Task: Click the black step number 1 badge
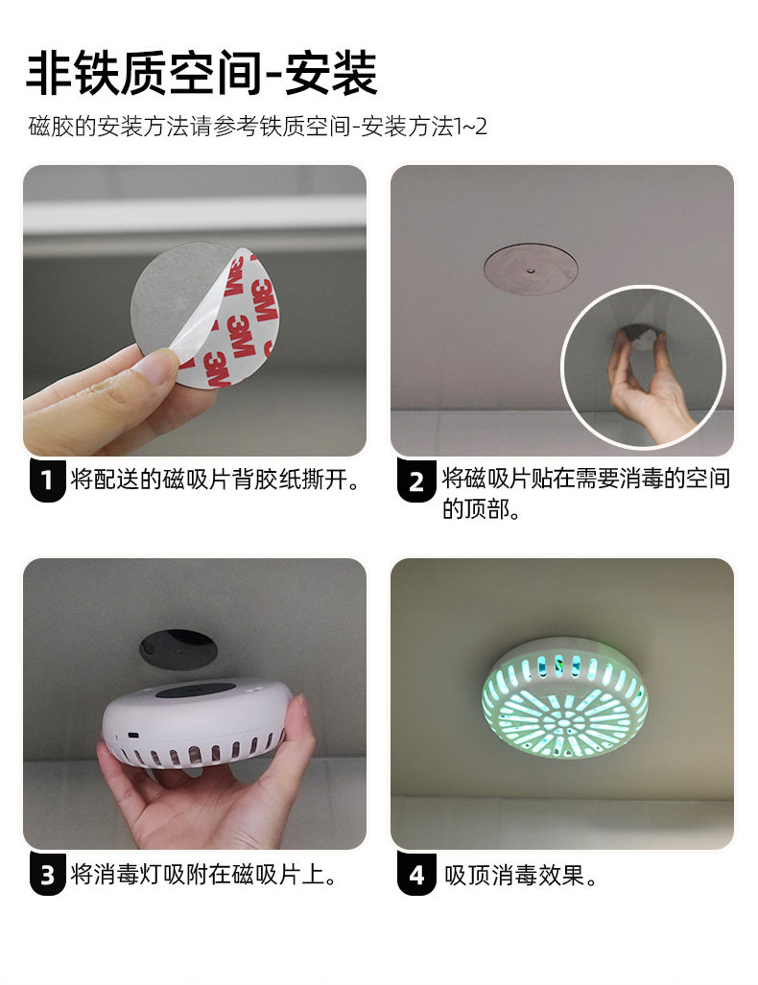[x=48, y=481]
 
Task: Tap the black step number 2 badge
[x=416, y=481]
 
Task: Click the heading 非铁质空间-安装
[x=201, y=73]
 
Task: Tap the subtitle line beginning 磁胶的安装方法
[x=258, y=127]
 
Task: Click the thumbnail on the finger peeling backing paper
[x=157, y=364]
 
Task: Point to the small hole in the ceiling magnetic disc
[x=532, y=271]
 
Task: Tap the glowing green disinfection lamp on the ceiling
[x=564, y=697]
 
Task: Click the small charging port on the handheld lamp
[x=134, y=735]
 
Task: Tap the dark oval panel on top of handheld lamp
[x=195, y=692]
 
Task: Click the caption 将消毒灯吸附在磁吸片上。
[x=205, y=875]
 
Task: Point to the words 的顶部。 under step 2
[x=482, y=509]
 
